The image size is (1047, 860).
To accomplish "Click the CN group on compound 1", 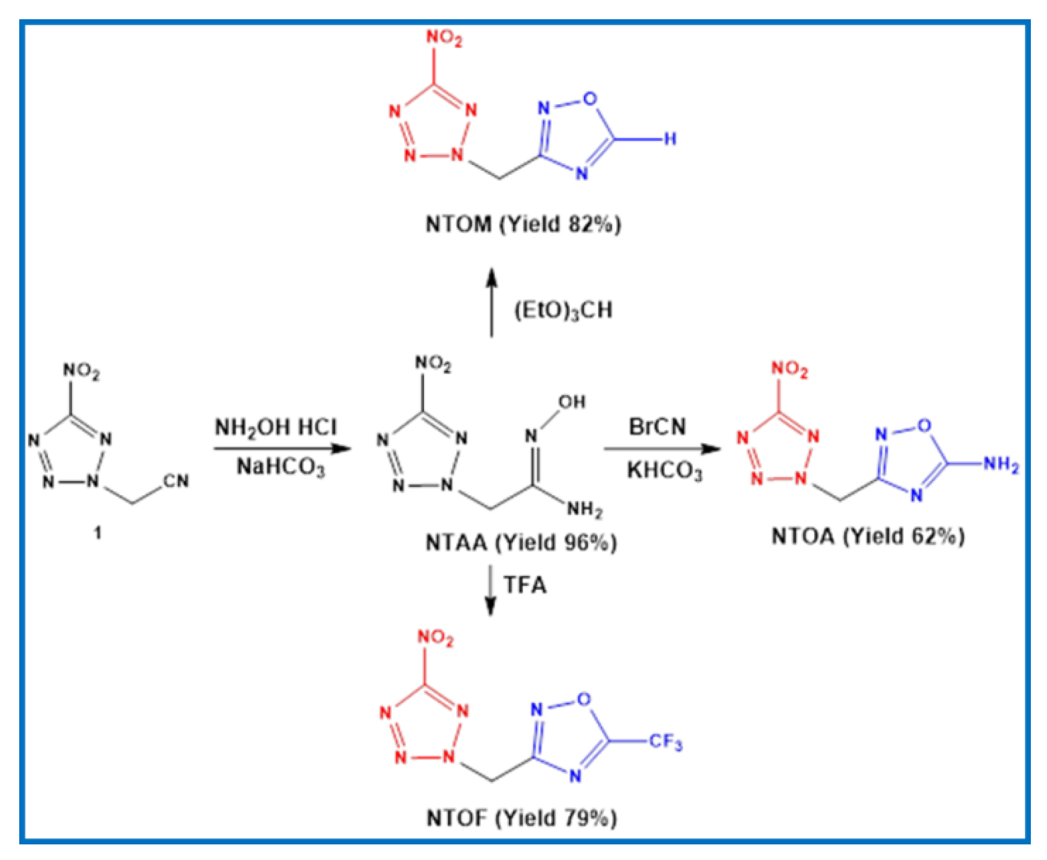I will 176,481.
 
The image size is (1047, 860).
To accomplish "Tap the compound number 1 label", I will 97,533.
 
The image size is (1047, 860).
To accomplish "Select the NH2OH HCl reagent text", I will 276,427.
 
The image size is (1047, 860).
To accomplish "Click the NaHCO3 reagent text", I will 280,467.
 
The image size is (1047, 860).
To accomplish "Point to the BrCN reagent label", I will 657,427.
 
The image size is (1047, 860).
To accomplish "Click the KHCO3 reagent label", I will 664,470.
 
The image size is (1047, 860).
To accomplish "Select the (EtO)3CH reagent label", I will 563,311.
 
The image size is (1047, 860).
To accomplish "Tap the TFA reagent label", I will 525,585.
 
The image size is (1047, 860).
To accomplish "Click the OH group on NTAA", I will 572,402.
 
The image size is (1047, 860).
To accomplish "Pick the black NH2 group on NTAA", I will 584,508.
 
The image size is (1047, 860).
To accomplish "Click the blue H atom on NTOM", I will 670,139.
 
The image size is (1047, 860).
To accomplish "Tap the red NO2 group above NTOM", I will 443,37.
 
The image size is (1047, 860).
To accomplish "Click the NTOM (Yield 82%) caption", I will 523,225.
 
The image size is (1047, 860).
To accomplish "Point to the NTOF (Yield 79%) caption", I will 521,818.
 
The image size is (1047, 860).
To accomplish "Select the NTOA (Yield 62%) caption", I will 868,536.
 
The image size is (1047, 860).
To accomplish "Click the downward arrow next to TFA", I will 490,591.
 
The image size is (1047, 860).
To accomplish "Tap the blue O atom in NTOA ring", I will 924,426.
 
